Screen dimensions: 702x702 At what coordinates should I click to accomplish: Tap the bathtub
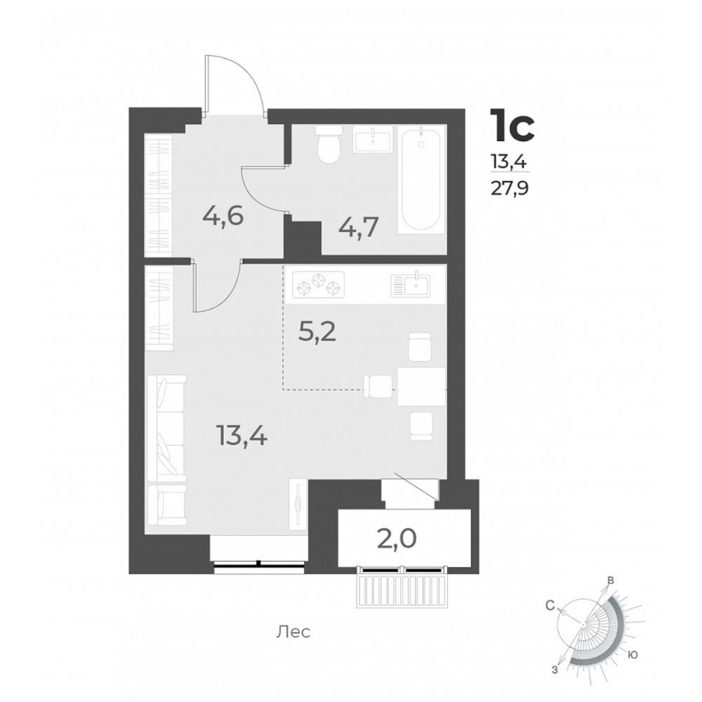420,180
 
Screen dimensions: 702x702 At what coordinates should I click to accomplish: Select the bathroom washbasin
373,139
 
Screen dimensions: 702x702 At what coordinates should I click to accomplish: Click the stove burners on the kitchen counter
318,285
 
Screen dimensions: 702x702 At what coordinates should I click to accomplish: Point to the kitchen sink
410,284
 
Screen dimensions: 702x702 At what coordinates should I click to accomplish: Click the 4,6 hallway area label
223,217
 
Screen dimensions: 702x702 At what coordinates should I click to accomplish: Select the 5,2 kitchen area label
317,333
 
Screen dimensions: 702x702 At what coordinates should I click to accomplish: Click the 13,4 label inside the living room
241,435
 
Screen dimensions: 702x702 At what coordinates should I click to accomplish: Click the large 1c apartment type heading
512,125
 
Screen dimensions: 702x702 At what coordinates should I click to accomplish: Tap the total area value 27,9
510,189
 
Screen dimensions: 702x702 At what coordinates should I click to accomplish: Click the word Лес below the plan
293,633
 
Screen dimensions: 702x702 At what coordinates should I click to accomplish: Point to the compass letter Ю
633,655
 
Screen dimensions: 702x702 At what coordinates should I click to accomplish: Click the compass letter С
550,606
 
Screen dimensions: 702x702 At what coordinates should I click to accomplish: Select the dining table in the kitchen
421,386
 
